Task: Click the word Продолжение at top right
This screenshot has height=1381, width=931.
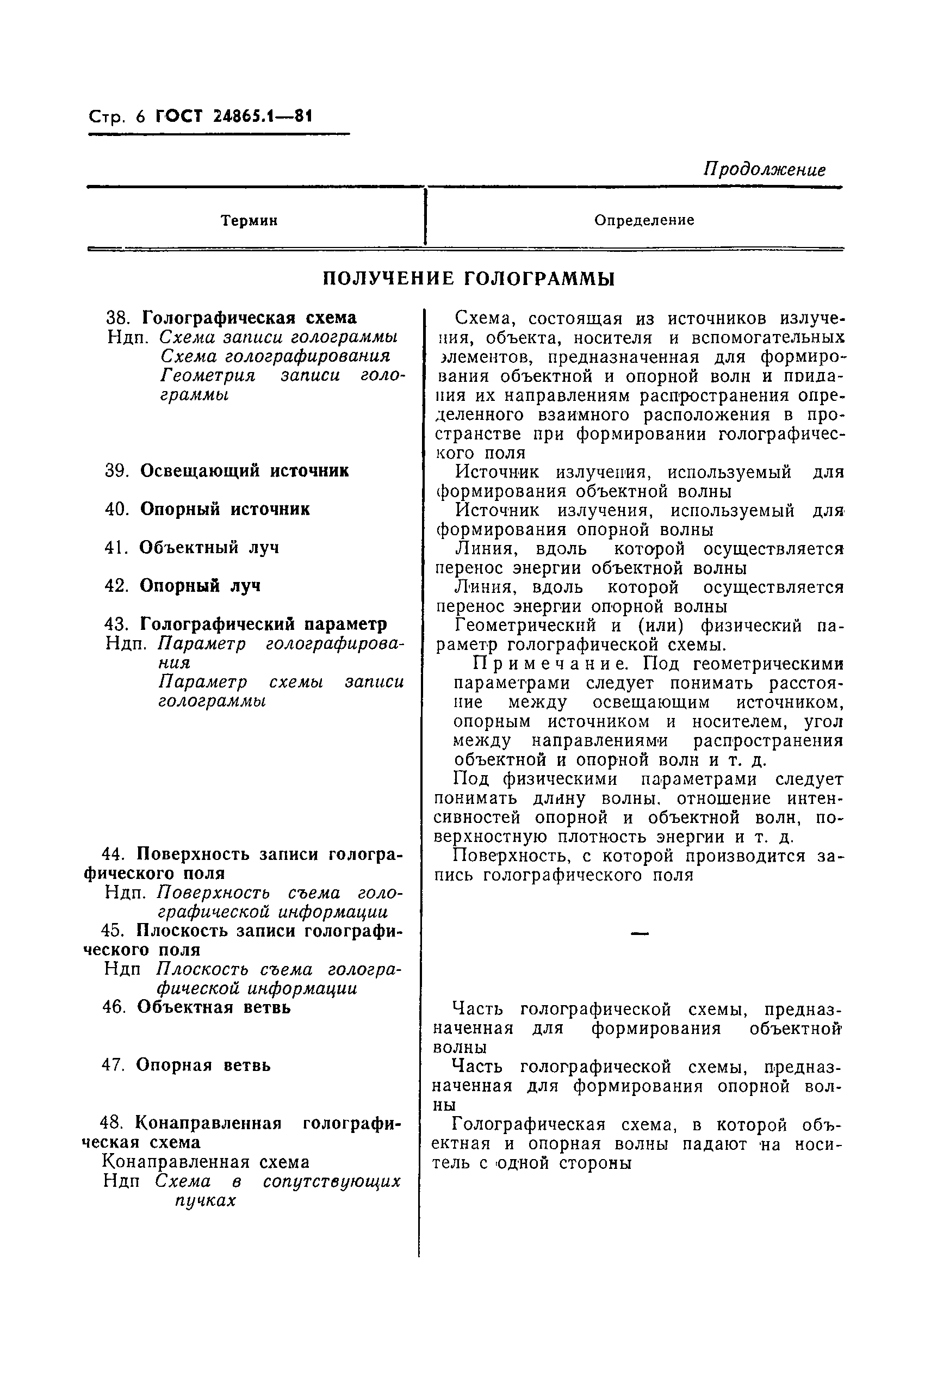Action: [764, 170]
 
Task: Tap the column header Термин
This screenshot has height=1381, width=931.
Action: [250, 221]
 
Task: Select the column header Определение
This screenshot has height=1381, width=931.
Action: [644, 220]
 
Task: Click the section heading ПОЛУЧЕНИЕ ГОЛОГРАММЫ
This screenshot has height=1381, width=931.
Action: [468, 278]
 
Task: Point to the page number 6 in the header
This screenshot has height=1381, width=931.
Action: [140, 116]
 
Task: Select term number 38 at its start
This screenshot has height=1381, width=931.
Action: [117, 318]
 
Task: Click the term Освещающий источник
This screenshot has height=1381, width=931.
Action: [244, 471]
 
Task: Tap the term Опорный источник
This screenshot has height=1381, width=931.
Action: [225, 510]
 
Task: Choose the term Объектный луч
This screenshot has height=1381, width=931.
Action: [208, 547]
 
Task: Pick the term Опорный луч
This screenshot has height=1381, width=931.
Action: [200, 586]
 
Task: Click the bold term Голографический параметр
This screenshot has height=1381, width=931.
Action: [263, 624]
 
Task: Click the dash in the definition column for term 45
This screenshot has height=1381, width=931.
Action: [639, 934]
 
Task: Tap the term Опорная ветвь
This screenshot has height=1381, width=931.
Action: [203, 1065]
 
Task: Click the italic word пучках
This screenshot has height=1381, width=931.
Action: [206, 1200]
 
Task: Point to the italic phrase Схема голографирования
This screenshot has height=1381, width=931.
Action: [275, 356]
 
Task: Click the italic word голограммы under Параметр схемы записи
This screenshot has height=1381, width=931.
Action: [212, 701]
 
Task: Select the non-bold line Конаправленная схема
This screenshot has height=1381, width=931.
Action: [206, 1162]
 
